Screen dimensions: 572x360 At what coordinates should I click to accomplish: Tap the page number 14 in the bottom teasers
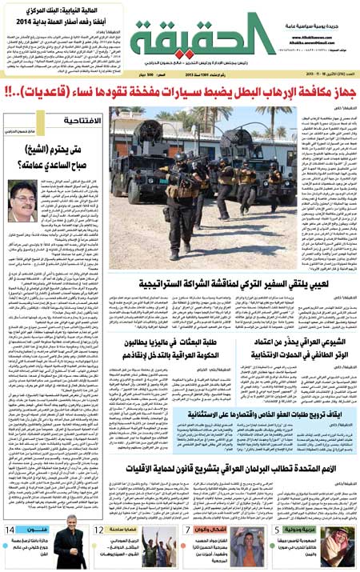pos(11,530)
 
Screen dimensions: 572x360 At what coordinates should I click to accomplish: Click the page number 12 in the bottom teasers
pos(98,530)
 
